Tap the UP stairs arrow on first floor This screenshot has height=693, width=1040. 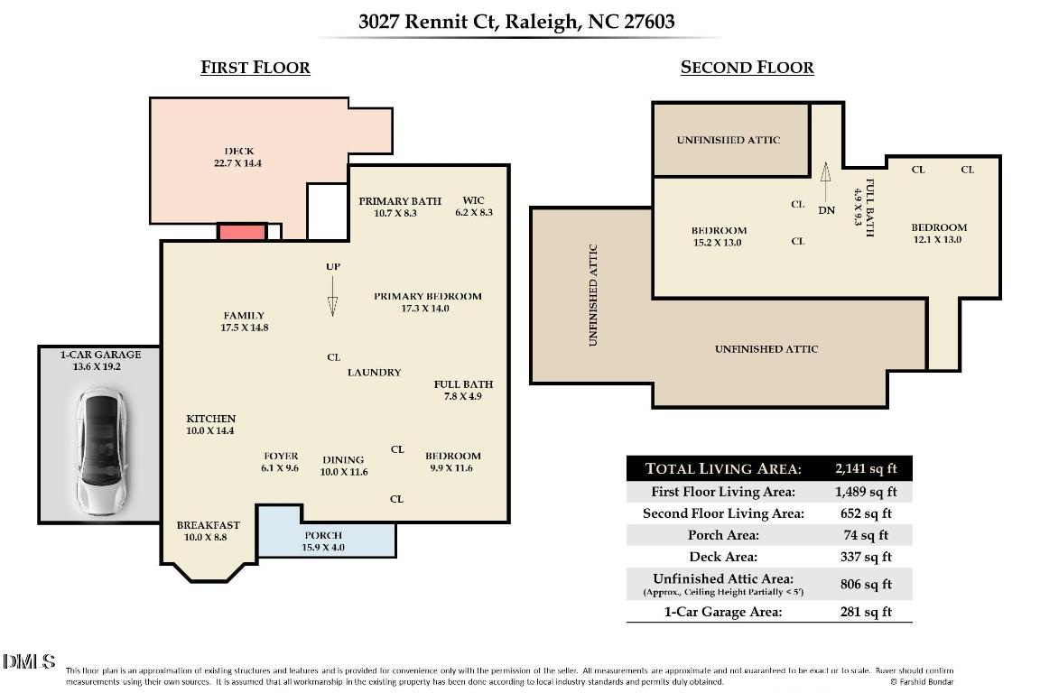(x=332, y=297)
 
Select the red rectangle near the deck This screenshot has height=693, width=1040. (x=242, y=232)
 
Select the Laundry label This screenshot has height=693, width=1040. (x=374, y=373)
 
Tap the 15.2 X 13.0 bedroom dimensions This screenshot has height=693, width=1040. (x=719, y=243)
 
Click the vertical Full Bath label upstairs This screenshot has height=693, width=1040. (x=864, y=208)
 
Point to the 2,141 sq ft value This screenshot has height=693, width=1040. (x=866, y=468)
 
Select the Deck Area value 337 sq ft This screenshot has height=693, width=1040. (x=866, y=558)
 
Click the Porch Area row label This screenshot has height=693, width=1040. (x=723, y=536)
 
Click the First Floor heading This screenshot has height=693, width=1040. (x=255, y=68)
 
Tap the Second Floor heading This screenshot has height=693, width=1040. (x=747, y=68)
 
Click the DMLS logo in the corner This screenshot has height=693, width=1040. (x=29, y=663)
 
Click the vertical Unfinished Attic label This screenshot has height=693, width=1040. (x=593, y=295)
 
